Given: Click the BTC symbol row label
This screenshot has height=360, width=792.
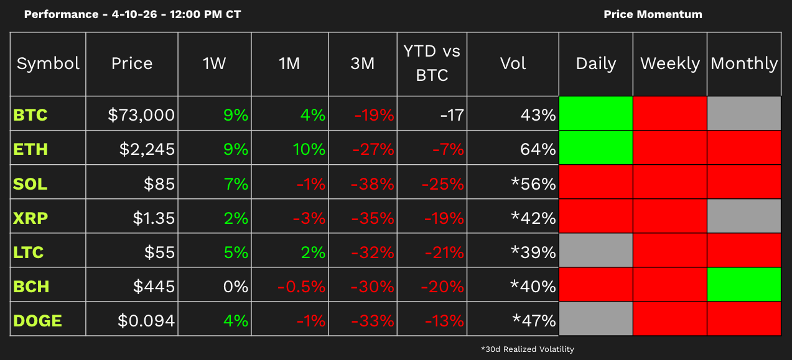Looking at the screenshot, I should tap(30, 115).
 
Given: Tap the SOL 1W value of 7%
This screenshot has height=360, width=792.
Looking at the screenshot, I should tap(236, 184).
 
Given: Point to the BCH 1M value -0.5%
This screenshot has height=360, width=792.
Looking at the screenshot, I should tap(302, 287).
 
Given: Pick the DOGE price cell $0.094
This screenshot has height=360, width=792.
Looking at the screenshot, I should tap(146, 321).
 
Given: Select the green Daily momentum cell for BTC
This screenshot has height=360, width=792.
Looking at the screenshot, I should tap(596, 113).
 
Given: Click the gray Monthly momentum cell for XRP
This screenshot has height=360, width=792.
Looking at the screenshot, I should tap(743, 216).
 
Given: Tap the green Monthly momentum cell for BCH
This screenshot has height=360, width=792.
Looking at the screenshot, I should tap(743, 285).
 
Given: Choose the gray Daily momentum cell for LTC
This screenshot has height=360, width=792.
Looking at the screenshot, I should tap(596, 251).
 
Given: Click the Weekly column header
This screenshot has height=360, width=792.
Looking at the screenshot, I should tap(670, 63).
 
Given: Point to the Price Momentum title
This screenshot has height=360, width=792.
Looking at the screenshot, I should tap(653, 14).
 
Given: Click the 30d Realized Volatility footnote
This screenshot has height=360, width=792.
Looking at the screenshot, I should tap(527, 349).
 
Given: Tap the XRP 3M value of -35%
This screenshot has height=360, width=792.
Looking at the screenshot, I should tap(372, 218).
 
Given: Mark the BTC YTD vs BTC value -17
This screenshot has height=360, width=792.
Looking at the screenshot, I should tap(451, 115).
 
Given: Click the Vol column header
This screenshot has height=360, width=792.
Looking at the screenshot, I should tap(513, 63).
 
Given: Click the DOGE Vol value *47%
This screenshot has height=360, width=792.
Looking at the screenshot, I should tap(533, 321).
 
